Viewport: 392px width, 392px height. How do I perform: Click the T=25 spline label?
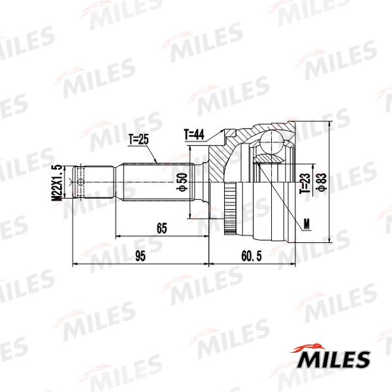point(139,139)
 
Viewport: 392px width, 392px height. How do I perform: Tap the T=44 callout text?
point(194,135)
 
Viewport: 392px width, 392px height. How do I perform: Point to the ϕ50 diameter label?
point(182,182)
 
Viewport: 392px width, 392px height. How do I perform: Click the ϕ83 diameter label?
point(321,182)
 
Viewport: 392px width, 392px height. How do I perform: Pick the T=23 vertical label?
point(306,184)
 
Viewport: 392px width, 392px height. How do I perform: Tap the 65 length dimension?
point(162,228)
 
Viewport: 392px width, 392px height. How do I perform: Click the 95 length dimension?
point(140,256)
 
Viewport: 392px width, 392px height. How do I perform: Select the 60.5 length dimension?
point(252,256)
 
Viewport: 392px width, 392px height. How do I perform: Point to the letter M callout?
point(307,223)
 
